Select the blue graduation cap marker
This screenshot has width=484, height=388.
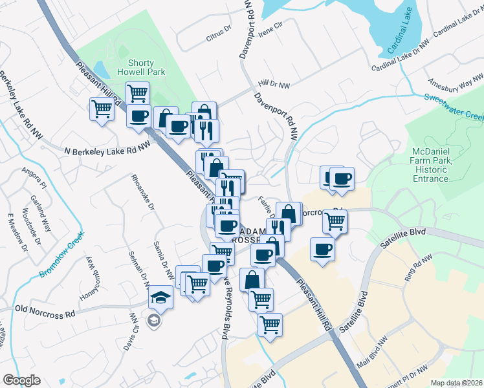pos(160,298)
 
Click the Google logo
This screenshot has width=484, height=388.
pos(21,380)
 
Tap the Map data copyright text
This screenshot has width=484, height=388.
pos(457,382)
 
